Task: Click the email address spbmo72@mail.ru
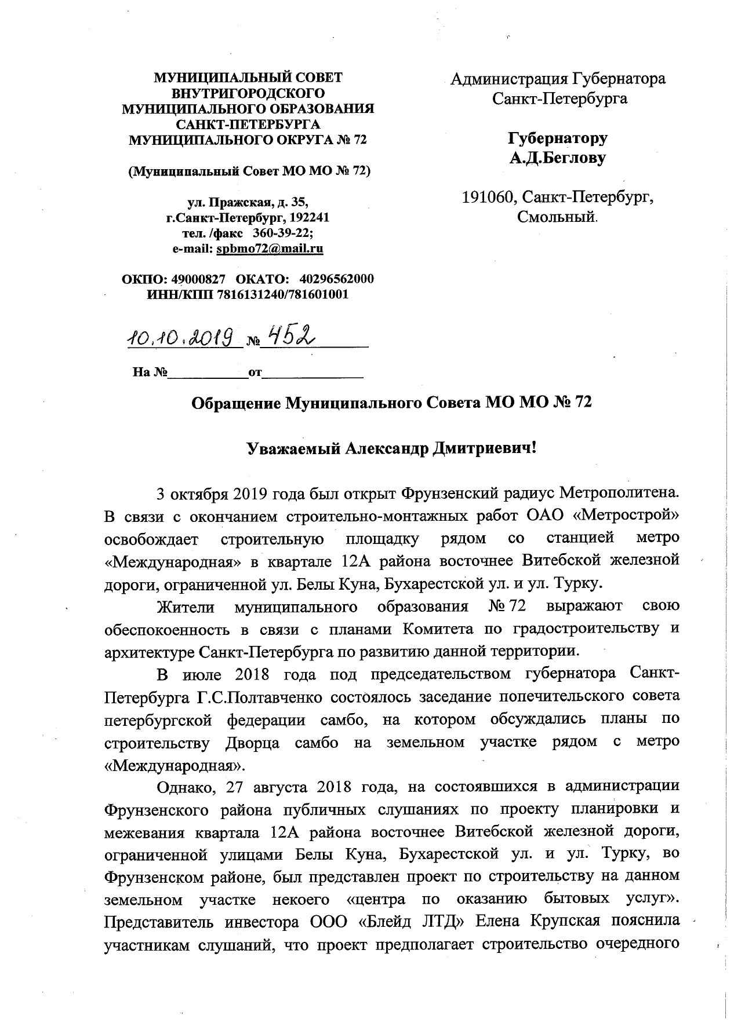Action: point(270,249)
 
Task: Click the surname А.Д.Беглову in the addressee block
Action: point(557,158)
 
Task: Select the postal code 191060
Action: point(488,198)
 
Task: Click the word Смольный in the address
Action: point(557,218)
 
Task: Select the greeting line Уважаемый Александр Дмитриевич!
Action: point(391,448)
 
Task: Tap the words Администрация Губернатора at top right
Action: point(558,79)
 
